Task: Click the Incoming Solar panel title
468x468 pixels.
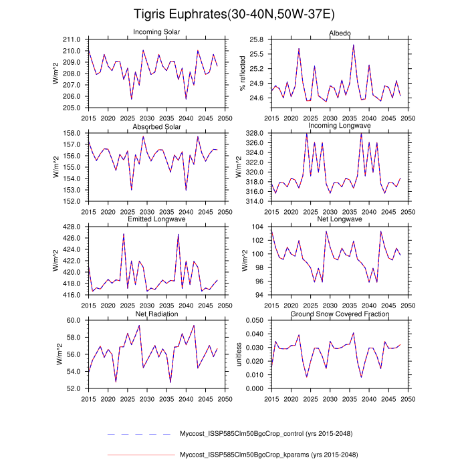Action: (x=156, y=33)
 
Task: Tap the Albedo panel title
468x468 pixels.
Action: (x=339, y=33)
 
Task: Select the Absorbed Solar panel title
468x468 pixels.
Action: (x=156, y=126)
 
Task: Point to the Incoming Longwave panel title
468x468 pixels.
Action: (x=339, y=126)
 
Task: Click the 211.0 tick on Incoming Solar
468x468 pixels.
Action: (x=73, y=40)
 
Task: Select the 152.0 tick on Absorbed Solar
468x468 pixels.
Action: (x=73, y=201)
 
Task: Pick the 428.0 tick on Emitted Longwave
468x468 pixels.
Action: (x=73, y=227)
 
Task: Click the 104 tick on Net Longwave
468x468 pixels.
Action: (x=259, y=227)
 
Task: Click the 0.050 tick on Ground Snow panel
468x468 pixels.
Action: (x=253, y=321)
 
